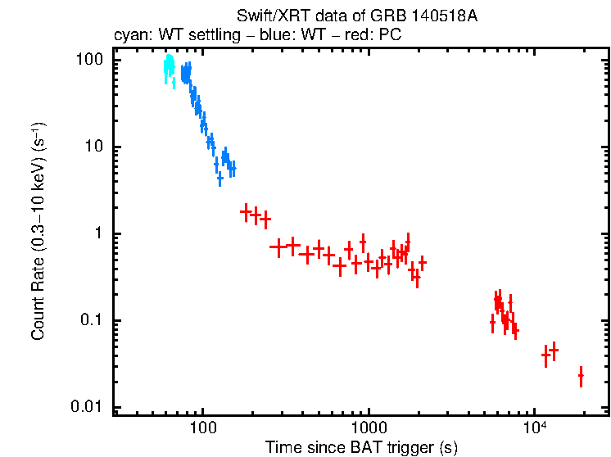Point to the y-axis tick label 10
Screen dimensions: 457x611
point(95,147)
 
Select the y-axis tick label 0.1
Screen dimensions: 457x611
point(92,321)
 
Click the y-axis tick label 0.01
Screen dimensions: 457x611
point(88,408)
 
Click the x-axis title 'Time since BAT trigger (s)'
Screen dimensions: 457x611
point(361,447)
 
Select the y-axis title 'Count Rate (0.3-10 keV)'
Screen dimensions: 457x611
point(38,233)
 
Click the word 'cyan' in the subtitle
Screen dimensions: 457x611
point(129,36)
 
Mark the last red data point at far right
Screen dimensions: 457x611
point(581,376)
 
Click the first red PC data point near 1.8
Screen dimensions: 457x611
point(245,212)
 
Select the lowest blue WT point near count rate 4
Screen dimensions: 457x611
point(220,179)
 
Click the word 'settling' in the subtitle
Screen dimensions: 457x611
point(207,36)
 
